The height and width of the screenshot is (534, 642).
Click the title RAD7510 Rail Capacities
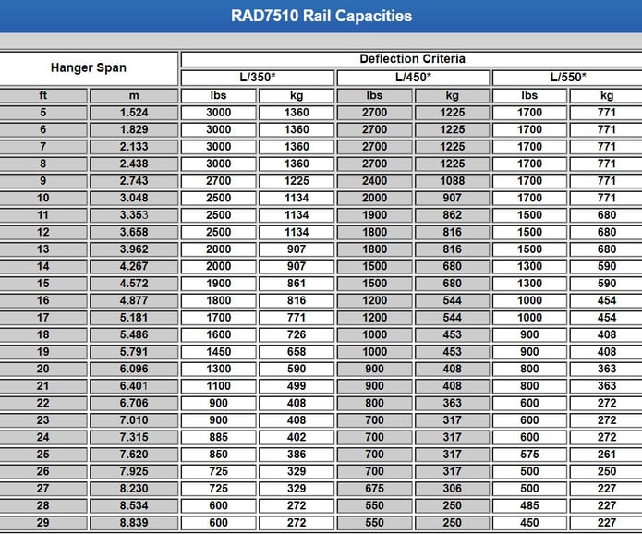tap(321, 16)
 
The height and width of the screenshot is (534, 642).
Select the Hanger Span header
tap(89, 67)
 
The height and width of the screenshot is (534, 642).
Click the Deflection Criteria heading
tap(412, 58)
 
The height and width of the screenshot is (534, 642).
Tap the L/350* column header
tap(257, 77)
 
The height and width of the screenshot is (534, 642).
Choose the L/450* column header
tap(413, 77)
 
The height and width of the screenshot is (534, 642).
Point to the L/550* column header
tap(568, 77)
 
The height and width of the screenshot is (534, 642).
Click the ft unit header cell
tap(43, 95)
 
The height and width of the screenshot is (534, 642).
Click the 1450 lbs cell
tap(219, 352)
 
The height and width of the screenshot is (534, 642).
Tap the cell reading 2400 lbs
tap(374, 181)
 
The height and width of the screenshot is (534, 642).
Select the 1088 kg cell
tap(453, 181)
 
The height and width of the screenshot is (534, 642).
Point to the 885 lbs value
tap(219, 437)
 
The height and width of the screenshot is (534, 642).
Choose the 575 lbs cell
tap(529, 455)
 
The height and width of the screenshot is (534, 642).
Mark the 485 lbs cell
tap(529, 505)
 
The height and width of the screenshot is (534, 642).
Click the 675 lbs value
tap(374, 489)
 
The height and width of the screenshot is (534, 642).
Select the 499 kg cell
tap(297, 386)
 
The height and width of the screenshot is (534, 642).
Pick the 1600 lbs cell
tap(219, 334)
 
